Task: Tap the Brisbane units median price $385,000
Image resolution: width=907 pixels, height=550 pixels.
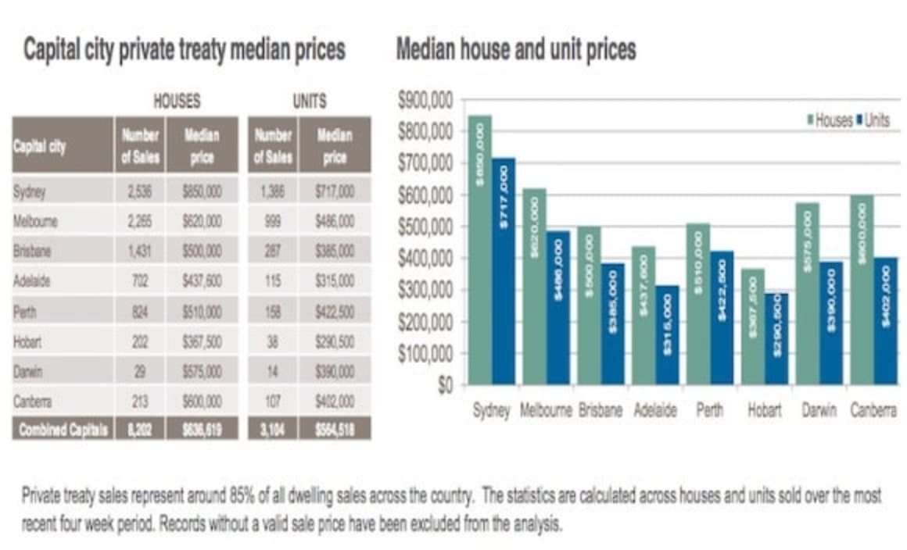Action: pos(335,251)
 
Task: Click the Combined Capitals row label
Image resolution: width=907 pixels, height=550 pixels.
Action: pos(63,429)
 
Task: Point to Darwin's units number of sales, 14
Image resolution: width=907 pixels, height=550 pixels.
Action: pos(272,370)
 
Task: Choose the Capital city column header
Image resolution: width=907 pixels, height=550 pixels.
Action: pos(40,145)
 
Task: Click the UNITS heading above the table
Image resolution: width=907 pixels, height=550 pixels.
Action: pos(309,102)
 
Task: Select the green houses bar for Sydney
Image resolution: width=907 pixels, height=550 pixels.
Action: pos(480,250)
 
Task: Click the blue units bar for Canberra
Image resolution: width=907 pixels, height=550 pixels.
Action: pos(885,320)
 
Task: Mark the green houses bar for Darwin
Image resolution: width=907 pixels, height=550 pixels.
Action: pos(808,293)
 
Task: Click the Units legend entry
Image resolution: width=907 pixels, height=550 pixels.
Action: pos(874,121)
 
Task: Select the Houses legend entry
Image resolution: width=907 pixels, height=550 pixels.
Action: pos(830,121)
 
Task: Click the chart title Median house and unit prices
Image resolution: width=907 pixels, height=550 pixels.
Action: pos(516,50)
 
